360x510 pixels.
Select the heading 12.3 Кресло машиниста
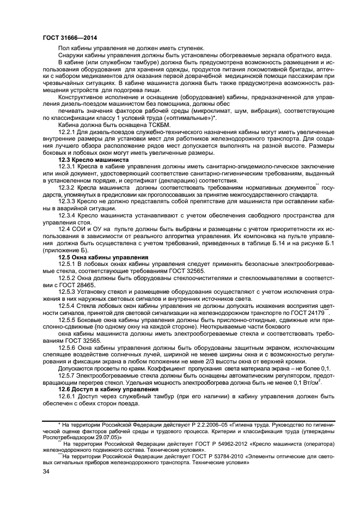click(x=91, y=160)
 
